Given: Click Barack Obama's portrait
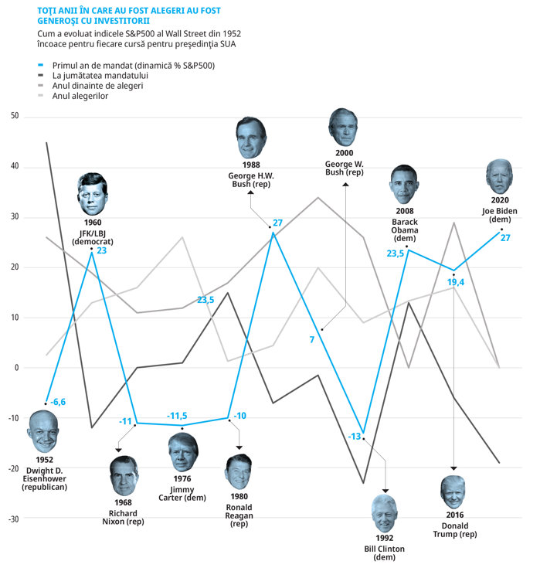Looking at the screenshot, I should click(404, 184).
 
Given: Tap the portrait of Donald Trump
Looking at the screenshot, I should click(453, 491).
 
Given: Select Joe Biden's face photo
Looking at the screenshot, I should click(499, 177).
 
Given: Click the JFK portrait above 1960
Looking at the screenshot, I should click(93, 194).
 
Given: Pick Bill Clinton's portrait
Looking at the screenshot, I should click(385, 512).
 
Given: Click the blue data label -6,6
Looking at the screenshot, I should click(59, 402).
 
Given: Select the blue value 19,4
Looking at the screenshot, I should click(456, 282).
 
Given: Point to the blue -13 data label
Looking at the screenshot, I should click(355, 437).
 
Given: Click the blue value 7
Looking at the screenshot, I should click(312, 339).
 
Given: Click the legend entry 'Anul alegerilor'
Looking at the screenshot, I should click(80, 96).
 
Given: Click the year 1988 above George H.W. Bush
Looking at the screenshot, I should click(250, 165).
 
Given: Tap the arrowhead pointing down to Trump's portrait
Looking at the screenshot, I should click(453, 468).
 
